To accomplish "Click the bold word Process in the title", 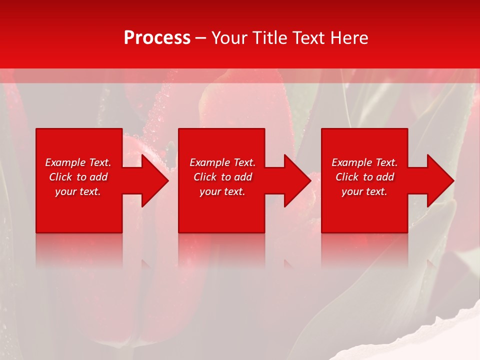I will (x=157, y=38).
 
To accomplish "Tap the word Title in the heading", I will (x=270, y=38).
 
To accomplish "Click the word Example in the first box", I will (x=65, y=162).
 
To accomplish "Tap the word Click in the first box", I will (x=61, y=177).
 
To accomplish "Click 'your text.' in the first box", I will (x=78, y=191).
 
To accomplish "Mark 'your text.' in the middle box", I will (x=222, y=191).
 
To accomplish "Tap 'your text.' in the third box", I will (x=364, y=191).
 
